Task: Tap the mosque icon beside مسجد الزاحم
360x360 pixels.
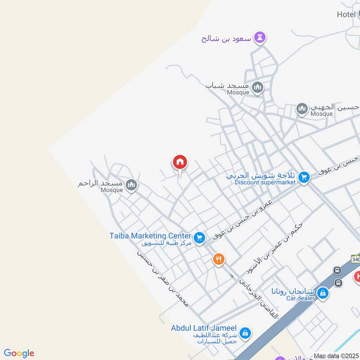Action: tap(131, 184)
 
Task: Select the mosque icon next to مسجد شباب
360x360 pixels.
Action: tap(257, 87)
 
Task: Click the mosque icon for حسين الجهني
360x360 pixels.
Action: tap(301, 108)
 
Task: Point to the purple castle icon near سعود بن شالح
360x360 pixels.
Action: tap(259, 38)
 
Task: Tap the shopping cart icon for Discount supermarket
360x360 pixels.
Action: tap(304, 177)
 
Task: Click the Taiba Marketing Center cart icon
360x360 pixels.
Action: tap(199, 237)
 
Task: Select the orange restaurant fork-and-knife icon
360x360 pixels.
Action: tap(219, 259)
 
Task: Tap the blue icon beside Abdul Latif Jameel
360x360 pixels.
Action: tap(244, 333)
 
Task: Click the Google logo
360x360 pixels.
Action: tap(19, 353)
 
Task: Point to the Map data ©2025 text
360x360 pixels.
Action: tap(337, 356)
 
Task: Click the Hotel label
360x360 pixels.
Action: tap(346, 14)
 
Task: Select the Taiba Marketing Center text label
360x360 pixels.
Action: tap(150, 235)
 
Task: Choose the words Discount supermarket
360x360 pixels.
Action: tap(265, 182)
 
